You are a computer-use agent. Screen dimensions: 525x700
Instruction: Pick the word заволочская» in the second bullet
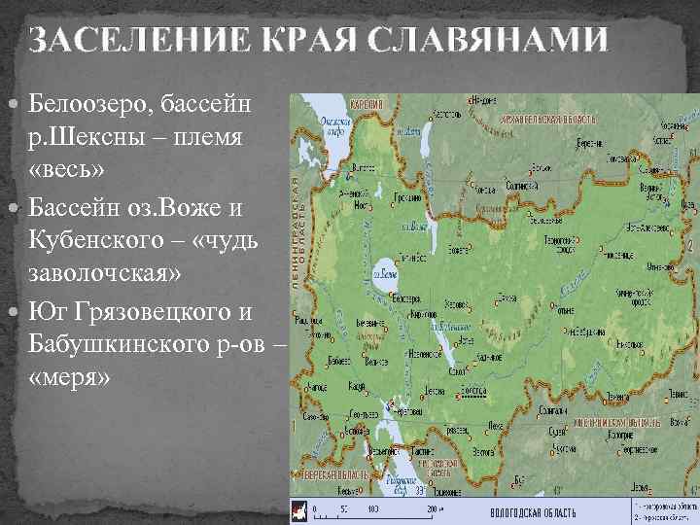[106, 273]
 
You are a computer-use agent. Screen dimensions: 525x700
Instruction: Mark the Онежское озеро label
[336, 127]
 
